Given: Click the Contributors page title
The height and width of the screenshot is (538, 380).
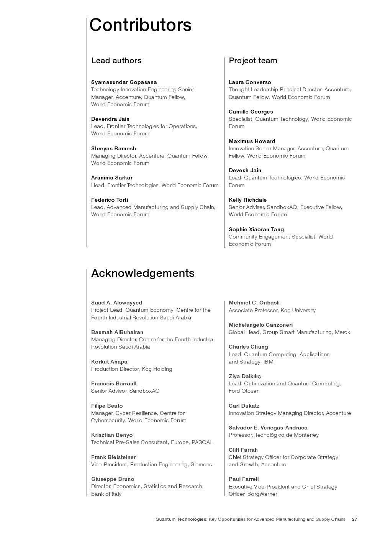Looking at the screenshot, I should coord(140,25).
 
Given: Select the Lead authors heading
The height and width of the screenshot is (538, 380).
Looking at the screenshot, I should coord(116,61).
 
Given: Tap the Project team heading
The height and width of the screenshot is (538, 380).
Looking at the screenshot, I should coord(253,61).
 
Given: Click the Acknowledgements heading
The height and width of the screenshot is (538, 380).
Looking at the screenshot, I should coord(142,273).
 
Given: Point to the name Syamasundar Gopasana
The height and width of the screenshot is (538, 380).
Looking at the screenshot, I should coord(124,82).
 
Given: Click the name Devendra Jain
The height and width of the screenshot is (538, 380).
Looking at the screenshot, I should coord(110,119).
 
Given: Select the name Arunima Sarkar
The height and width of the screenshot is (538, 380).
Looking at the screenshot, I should coord(112,178).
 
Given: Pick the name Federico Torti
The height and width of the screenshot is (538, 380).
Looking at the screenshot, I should coord(110,200).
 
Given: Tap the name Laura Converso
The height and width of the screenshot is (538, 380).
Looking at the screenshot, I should coord(250,82).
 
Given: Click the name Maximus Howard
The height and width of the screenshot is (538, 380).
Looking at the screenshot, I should coord(252,141).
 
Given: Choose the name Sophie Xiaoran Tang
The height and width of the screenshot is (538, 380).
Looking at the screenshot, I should coord(256,229).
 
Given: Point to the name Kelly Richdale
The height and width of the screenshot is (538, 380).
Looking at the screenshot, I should coord(247,200).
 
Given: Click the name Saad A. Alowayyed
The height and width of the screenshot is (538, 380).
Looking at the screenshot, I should coord(116,303).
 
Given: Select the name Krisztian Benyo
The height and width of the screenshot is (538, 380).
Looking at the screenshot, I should coord(112,435).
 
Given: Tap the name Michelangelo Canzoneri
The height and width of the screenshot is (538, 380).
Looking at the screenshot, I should coord(260,325).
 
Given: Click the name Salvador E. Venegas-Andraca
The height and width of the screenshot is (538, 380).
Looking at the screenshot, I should coord(268,428).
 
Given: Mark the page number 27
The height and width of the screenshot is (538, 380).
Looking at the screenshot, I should coord(354,519).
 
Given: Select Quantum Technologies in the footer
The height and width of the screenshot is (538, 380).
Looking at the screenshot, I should coord(181,519).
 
